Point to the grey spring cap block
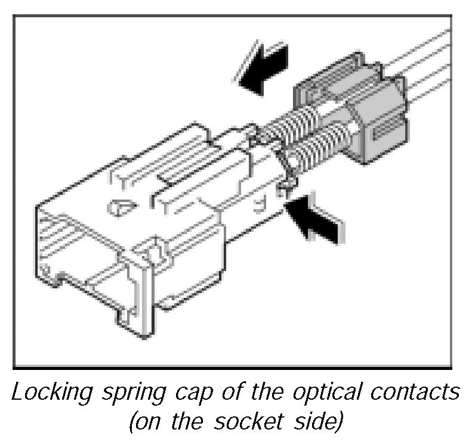coord(352,113)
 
